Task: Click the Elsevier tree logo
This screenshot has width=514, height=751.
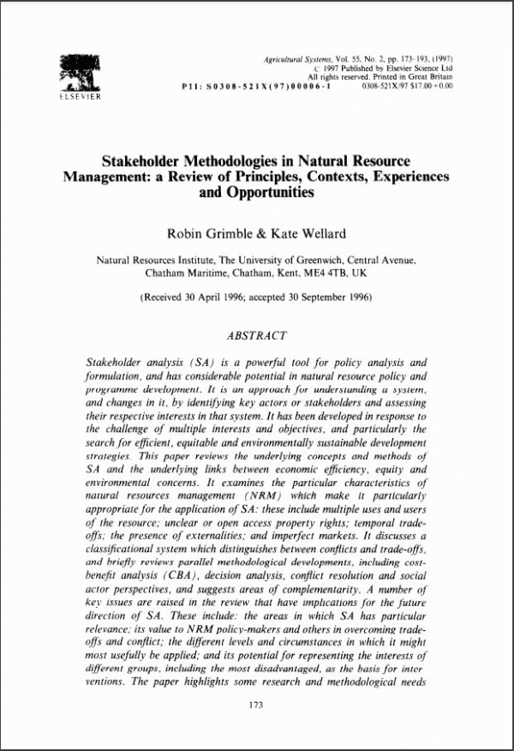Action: [78, 69]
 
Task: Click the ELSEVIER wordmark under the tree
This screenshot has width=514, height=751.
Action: [78, 97]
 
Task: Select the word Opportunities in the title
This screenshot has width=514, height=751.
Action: [256, 193]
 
